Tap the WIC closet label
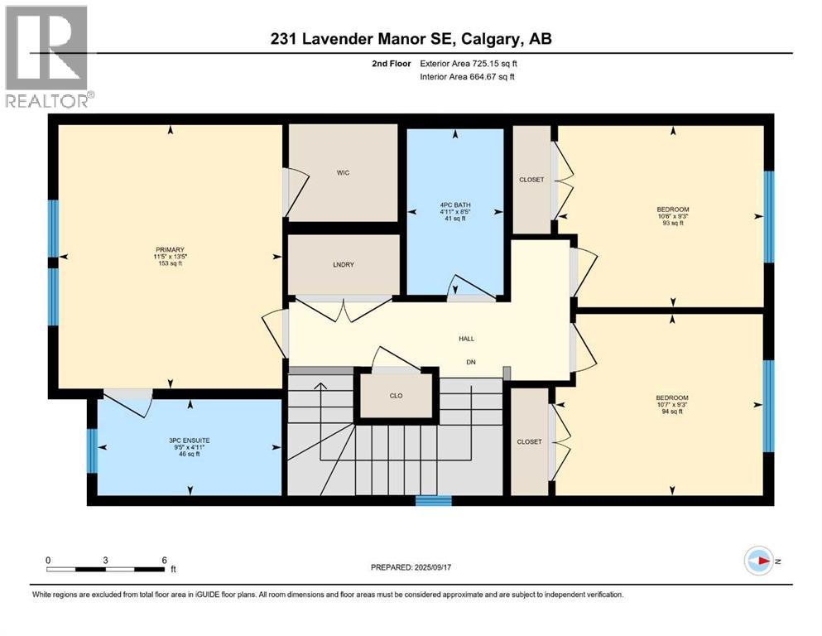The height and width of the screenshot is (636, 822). (x=344, y=173)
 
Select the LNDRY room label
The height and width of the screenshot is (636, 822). (x=343, y=264)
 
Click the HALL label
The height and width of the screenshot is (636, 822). (x=467, y=338)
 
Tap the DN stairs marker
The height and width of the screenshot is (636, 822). (x=469, y=362)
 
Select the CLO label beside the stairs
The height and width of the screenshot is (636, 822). (x=396, y=396)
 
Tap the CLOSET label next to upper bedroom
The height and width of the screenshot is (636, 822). (x=531, y=180)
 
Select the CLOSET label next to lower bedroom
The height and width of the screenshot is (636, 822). (x=530, y=442)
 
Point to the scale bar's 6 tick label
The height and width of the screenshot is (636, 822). (x=165, y=560)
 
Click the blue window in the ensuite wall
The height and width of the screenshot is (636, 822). (x=93, y=450)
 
